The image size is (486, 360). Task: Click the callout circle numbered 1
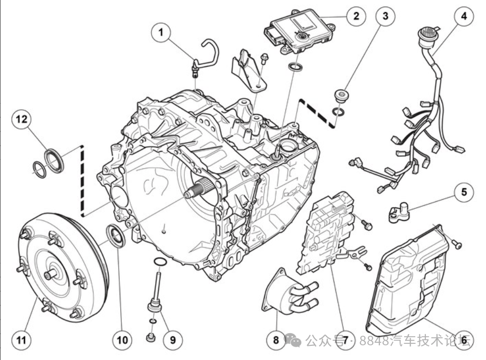click(x=161, y=33)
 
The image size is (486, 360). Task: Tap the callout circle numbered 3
click(x=385, y=16)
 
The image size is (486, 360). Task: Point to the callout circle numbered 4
click(x=463, y=16)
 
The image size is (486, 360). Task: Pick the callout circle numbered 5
click(x=463, y=192)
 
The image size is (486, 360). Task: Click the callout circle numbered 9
click(x=172, y=340)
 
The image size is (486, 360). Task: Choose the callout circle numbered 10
click(x=123, y=340)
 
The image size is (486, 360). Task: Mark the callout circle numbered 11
click(x=21, y=340)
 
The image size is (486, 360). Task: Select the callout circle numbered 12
click(x=21, y=119)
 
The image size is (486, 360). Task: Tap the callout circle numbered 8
click(x=276, y=340)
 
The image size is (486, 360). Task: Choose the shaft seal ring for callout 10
click(x=117, y=237)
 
